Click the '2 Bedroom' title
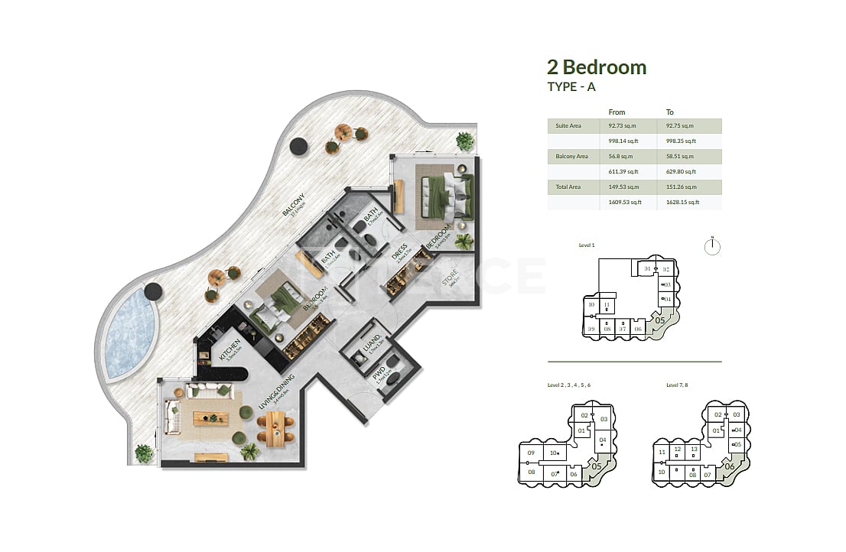[597, 67]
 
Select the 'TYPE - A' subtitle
[571, 86]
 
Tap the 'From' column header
[617, 112]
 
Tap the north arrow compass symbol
[711, 245]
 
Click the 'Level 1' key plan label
[587, 245]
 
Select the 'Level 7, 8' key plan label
[677, 385]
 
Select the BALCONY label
[289, 204]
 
